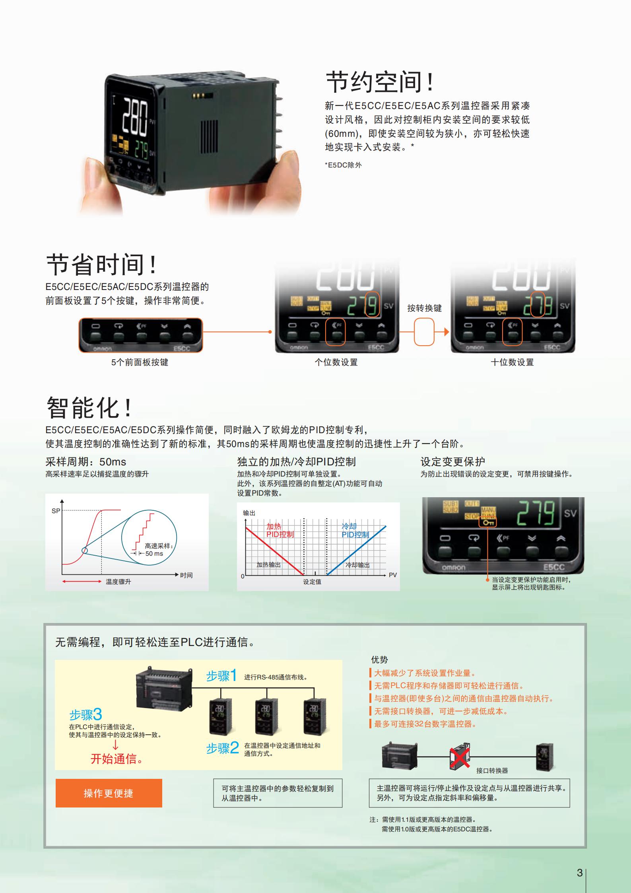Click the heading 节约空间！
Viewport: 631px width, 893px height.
coord(379,82)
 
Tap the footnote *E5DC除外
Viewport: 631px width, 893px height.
coord(343,165)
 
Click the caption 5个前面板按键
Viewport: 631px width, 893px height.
coord(140,362)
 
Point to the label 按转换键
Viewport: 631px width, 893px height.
coord(424,308)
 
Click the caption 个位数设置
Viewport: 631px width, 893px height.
coord(336,362)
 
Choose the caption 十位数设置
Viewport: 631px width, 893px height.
coord(512,362)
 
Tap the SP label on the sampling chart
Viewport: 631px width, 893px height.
coord(56,511)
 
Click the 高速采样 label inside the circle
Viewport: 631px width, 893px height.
coord(159,546)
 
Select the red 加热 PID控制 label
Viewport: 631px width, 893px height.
coord(280,531)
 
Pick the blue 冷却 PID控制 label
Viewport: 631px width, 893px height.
coord(355,531)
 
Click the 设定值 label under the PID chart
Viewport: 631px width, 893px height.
coord(312,582)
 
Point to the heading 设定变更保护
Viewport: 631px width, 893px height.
coord(453,462)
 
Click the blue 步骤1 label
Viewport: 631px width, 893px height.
coord(221,675)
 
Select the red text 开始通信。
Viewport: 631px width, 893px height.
coord(117,759)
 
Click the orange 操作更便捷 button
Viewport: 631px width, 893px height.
coord(109,793)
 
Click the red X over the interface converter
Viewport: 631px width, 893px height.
coord(459,757)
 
